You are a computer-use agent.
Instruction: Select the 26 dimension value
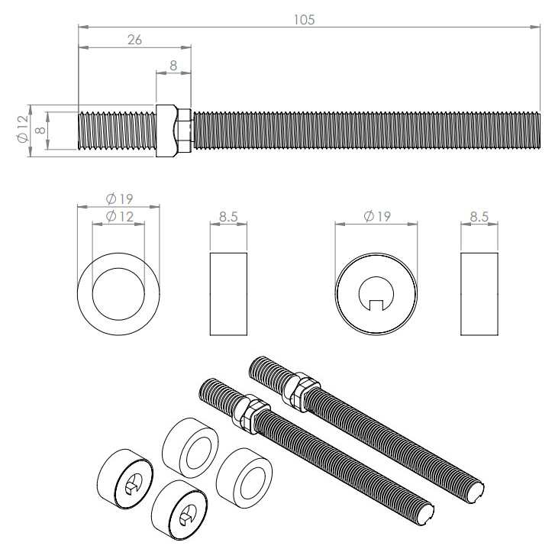point(134,40)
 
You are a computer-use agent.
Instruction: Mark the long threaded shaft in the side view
point(359,130)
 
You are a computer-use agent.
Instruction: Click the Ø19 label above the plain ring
point(118,199)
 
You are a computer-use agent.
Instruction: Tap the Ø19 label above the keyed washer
point(376,217)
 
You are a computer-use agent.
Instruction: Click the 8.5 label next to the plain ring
point(227,217)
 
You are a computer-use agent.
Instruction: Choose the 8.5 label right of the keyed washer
point(479,217)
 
